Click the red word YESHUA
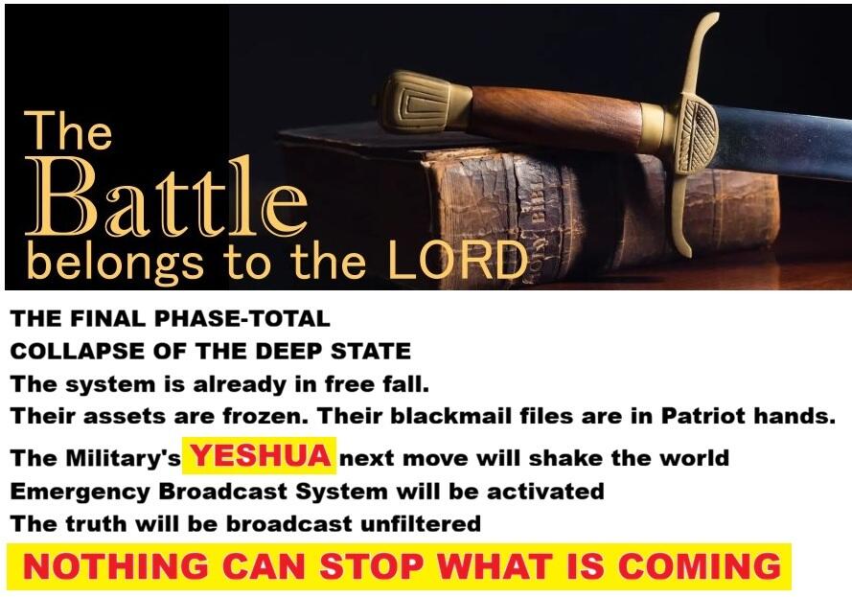[x=261, y=455]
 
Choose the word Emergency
[x=80, y=493]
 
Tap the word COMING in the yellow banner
[x=700, y=566]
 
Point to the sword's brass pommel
[x=421, y=103]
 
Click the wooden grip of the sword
[x=554, y=117]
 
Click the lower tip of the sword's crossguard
[x=686, y=253]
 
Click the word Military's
[x=124, y=458]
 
